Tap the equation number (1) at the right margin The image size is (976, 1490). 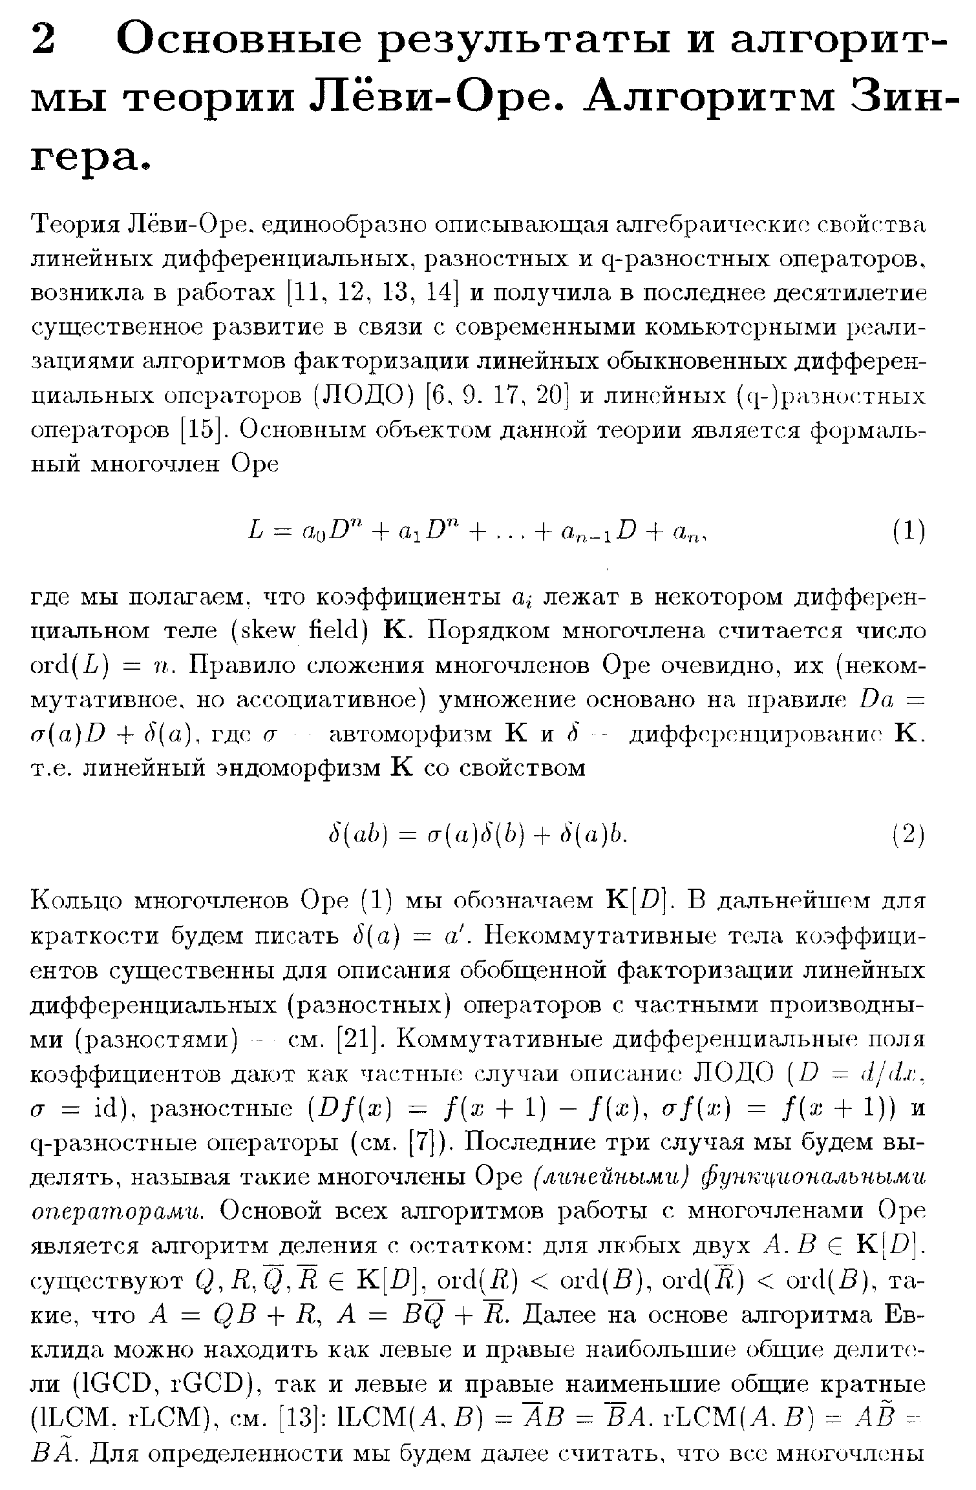(909, 531)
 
